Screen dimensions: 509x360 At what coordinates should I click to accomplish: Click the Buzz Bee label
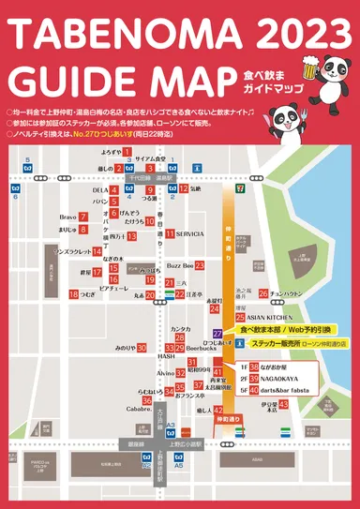click(180, 266)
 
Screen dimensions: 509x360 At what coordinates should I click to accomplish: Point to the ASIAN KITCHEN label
click(278, 318)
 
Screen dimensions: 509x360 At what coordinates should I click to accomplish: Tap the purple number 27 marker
click(217, 333)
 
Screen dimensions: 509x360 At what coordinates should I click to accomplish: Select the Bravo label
click(67, 217)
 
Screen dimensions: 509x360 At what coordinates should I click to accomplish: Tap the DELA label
click(100, 190)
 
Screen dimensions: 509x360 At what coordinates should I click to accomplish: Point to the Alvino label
click(166, 373)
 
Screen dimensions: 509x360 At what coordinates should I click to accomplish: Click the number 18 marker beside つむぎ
click(73, 294)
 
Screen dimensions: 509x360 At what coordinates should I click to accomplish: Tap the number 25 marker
click(240, 318)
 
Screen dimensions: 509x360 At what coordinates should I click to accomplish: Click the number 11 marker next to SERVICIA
click(170, 233)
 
